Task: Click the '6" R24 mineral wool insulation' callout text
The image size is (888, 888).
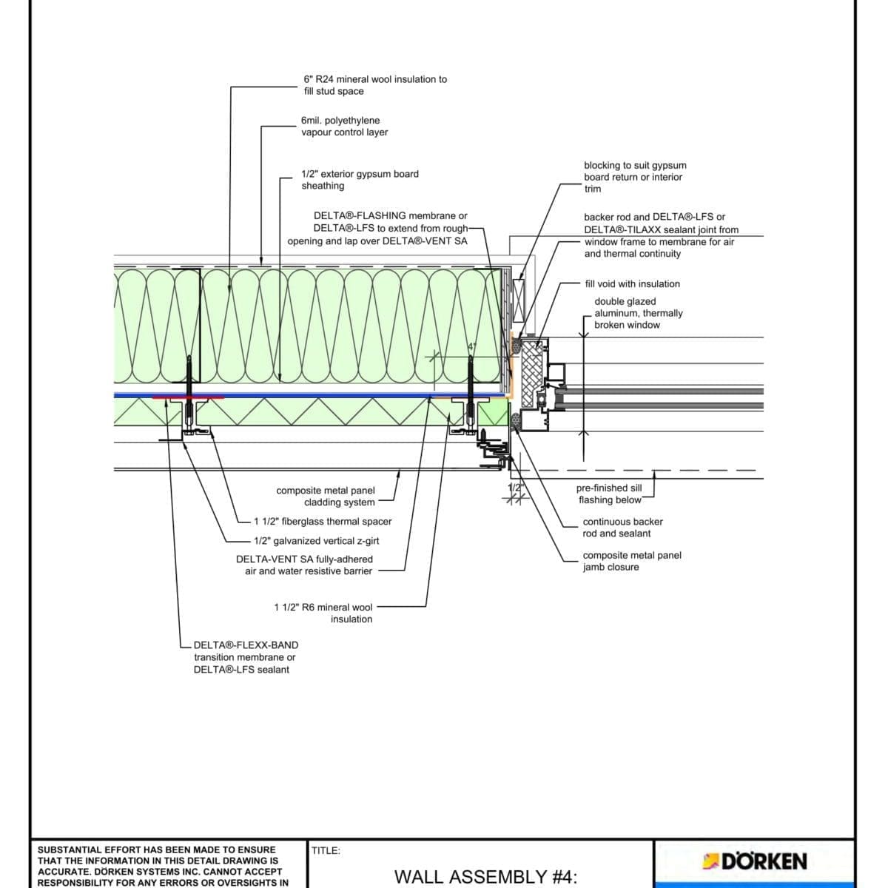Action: pos(374,85)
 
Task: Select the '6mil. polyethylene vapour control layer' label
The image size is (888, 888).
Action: pos(344,127)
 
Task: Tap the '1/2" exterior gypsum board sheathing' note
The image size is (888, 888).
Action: pos(360,180)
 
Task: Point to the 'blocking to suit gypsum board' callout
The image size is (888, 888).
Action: pos(634,177)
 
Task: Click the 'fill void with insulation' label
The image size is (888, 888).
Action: pos(632,284)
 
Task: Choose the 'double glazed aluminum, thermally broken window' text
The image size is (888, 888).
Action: pos(638,313)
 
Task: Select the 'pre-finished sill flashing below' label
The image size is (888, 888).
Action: pos(609,494)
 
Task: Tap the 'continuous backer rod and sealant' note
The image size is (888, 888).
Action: pos(622,528)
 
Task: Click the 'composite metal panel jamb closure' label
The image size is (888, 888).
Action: pos(631,561)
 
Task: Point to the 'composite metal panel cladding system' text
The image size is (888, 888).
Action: pos(326,497)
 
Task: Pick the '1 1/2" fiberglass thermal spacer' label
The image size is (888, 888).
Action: pos(323,522)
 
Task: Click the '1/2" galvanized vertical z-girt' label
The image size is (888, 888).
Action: pos(316,541)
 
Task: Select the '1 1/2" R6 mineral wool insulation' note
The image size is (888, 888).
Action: pos(323,613)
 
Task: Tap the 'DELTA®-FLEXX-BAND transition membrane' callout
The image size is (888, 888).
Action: pos(245,657)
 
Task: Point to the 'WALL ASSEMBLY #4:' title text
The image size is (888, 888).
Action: pos(485,877)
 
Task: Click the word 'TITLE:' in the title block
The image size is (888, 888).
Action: pos(326,851)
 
